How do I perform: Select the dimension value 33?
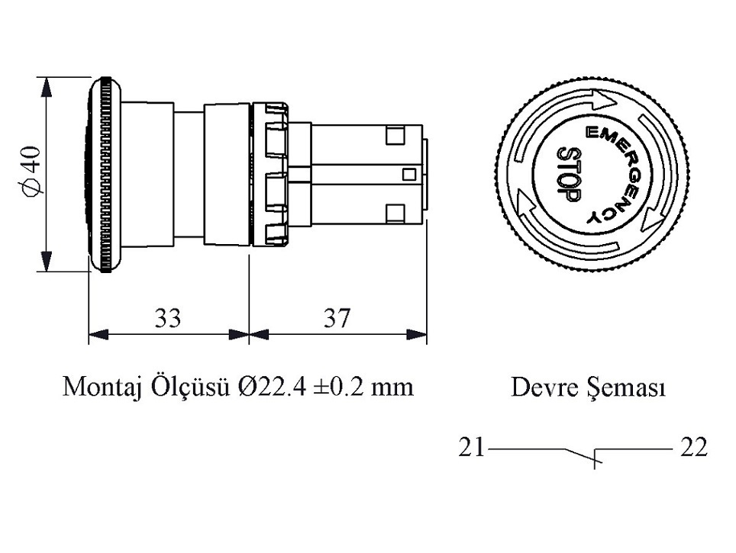(168, 317)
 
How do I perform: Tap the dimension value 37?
(337, 317)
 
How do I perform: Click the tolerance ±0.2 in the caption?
(340, 387)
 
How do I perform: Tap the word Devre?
(541, 387)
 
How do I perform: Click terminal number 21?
(471, 447)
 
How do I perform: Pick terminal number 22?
(693, 447)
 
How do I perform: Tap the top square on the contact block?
(395, 137)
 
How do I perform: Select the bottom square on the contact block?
(395, 211)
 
